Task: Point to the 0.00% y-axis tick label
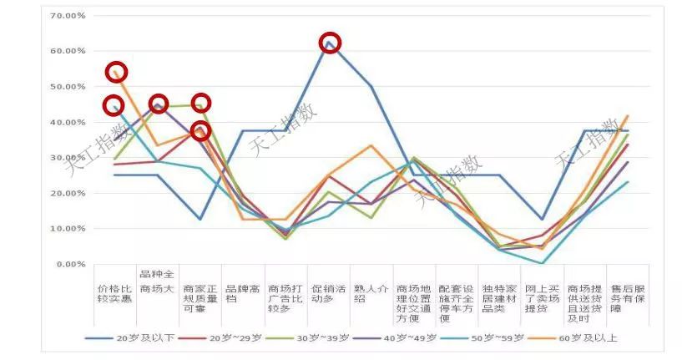point(69,264)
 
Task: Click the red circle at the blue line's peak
point(330,43)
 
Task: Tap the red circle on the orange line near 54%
point(117,72)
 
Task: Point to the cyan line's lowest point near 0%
point(543,263)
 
